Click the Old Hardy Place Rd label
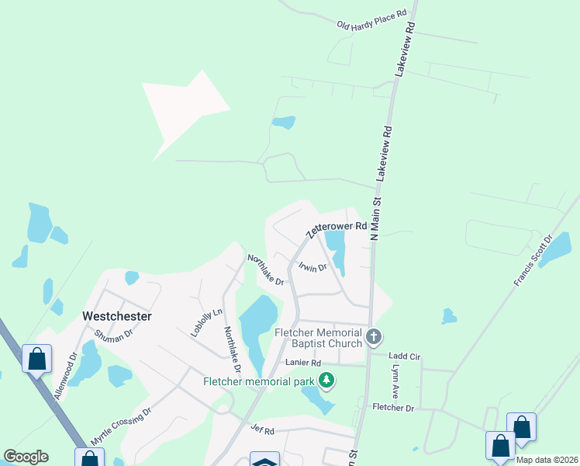[x=372, y=21]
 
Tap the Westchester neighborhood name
[x=116, y=317]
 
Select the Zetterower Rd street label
[x=335, y=228]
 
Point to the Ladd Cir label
[x=404, y=356]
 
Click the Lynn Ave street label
[x=395, y=382]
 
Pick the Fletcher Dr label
[x=394, y=407]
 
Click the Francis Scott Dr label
[x=533, y=260]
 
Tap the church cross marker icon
[x=374, y=338]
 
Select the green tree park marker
[x=327, y=381]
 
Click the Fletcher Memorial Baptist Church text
[x=319, y=338]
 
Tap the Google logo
[x=26, y=457]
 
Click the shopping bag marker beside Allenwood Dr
[x=36, y=360]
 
